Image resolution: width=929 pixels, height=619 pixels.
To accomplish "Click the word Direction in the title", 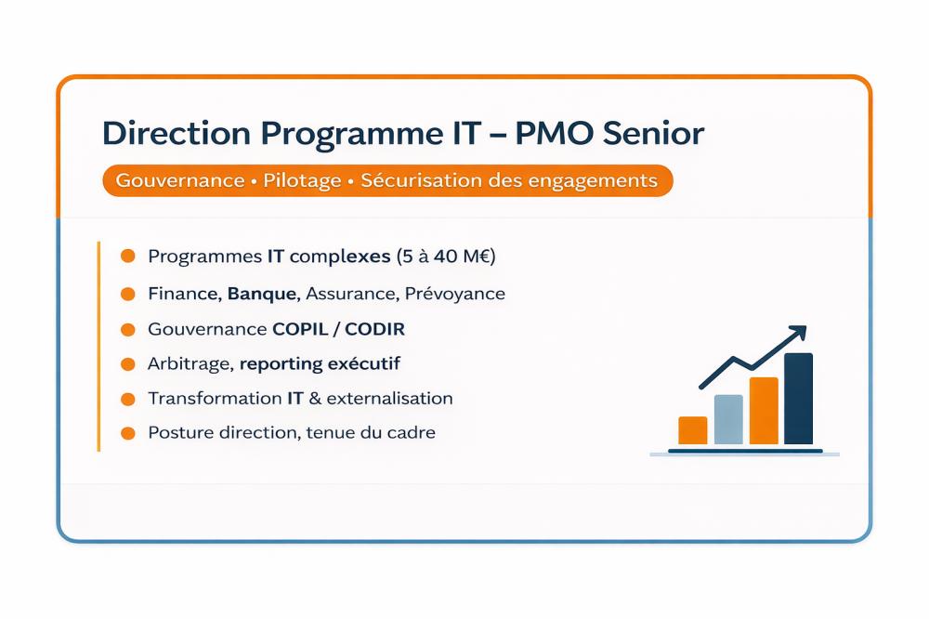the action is [176, 133].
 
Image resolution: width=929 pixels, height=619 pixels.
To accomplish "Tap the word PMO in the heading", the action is [554, 133].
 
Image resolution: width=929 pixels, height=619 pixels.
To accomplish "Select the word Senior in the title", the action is [653, 133].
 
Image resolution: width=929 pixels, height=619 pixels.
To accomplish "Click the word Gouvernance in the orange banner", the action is [180, 180].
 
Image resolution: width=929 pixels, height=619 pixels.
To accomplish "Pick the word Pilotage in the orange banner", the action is [302, 181].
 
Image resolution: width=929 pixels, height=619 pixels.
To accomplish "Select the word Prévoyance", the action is [455, 294].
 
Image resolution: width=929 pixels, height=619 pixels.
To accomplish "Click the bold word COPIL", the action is [300, 329].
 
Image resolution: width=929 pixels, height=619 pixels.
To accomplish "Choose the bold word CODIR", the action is [374, 329].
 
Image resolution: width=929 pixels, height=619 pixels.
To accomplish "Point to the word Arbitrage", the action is [190, 364].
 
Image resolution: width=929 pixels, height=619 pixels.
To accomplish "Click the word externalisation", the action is [389, 398].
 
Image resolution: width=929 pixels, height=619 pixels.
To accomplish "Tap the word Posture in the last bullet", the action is [181, 433].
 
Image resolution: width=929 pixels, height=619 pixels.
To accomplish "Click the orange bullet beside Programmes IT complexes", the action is [128, 256].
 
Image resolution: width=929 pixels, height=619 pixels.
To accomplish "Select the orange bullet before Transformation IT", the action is [128, 399].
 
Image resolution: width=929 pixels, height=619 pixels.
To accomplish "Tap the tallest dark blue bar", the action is [799, 399].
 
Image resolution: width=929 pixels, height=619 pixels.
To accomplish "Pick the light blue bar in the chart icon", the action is [728, 419].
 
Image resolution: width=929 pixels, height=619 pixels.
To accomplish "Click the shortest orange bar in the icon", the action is [693, 430].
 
